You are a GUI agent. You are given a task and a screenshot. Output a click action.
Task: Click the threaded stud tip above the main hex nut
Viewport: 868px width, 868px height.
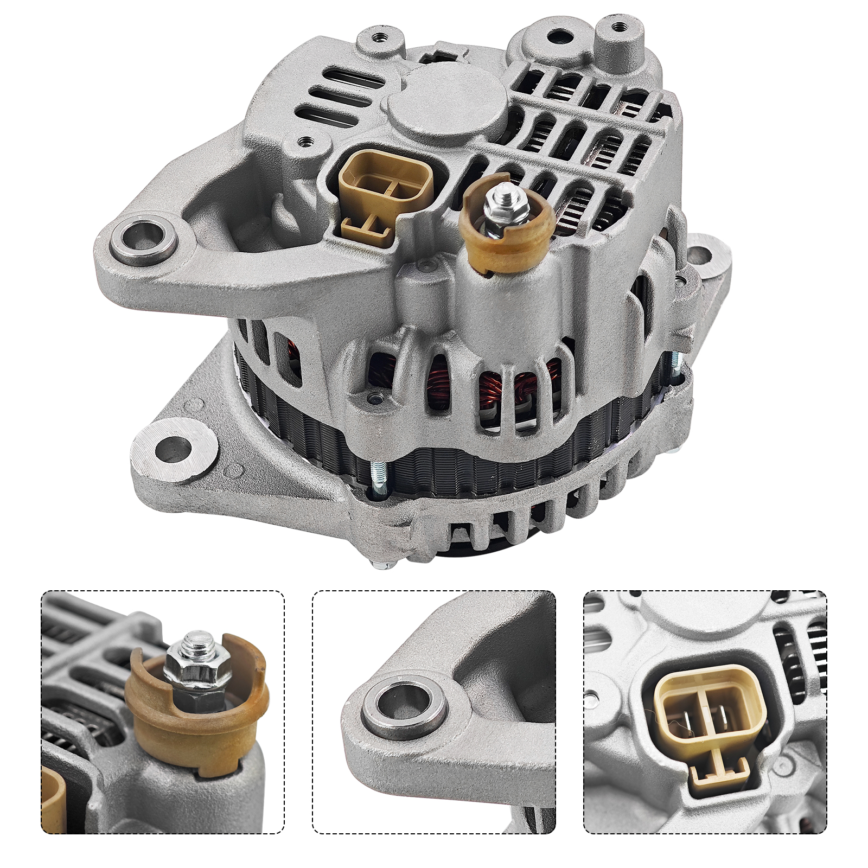click(x=498, y=190)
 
